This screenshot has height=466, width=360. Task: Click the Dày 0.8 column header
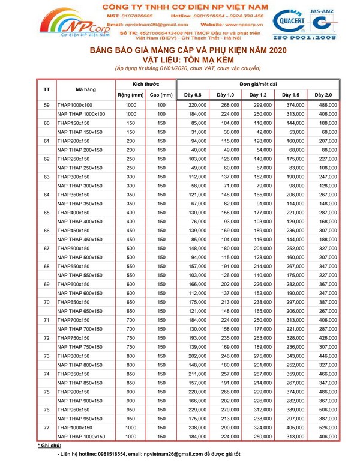(193, 95)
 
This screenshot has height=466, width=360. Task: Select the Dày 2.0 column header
(323, 95)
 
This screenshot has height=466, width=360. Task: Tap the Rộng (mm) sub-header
(130, 95)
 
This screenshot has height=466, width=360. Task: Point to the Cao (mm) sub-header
(161, 95)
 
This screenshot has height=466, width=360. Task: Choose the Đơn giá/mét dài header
(257, 84)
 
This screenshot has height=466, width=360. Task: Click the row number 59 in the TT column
(47, 105)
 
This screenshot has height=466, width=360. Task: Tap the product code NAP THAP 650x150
(81, 311)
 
